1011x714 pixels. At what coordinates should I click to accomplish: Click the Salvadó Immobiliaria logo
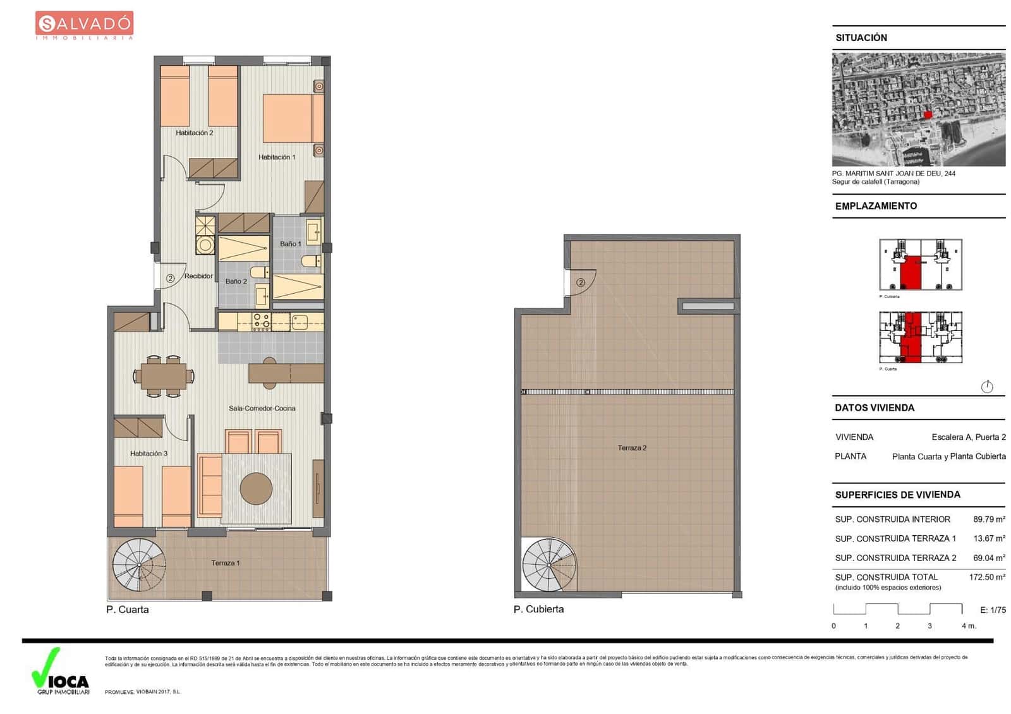84,25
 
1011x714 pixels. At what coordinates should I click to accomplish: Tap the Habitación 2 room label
194,133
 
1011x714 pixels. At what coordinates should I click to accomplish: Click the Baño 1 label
290,244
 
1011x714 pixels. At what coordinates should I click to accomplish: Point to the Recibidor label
198,276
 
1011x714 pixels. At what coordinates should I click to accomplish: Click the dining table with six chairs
163,377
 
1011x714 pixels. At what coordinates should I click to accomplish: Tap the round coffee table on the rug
256,488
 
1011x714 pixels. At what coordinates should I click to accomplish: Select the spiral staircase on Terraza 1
138,564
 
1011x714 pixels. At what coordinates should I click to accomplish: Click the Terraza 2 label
632,448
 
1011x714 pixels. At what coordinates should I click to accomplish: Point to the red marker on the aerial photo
928,114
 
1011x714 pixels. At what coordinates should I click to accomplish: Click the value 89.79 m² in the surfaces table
988,519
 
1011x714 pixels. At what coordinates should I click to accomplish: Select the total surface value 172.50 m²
986,577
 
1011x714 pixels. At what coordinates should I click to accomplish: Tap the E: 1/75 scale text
993,610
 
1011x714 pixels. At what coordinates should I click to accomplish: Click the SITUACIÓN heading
861,38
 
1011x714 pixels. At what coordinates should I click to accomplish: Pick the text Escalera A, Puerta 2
968,437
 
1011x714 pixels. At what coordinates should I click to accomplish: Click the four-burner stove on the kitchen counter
261,322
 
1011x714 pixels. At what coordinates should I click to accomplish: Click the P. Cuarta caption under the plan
127,610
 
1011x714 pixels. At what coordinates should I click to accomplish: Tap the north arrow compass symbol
987,387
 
